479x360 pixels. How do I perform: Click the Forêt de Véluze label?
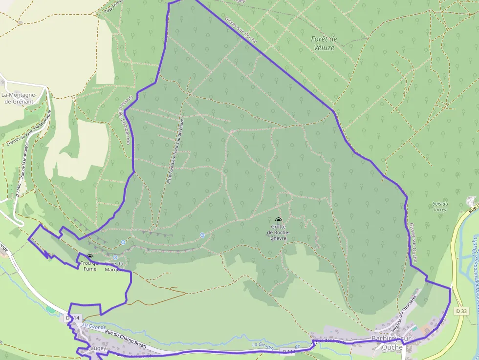(325, 43)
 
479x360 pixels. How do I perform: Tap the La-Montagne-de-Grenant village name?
(18, 98)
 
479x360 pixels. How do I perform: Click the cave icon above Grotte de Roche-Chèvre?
(279, 220)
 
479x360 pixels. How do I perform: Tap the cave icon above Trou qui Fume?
(89, 256)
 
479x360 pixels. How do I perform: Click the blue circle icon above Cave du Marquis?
(115, 257)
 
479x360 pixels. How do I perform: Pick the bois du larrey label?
(440, 207)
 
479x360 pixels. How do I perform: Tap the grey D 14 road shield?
(72, 318)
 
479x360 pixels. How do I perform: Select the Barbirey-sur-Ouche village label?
(393, 343)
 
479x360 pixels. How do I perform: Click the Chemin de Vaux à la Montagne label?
(28, 128)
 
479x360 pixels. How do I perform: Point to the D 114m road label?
(18, 188)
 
